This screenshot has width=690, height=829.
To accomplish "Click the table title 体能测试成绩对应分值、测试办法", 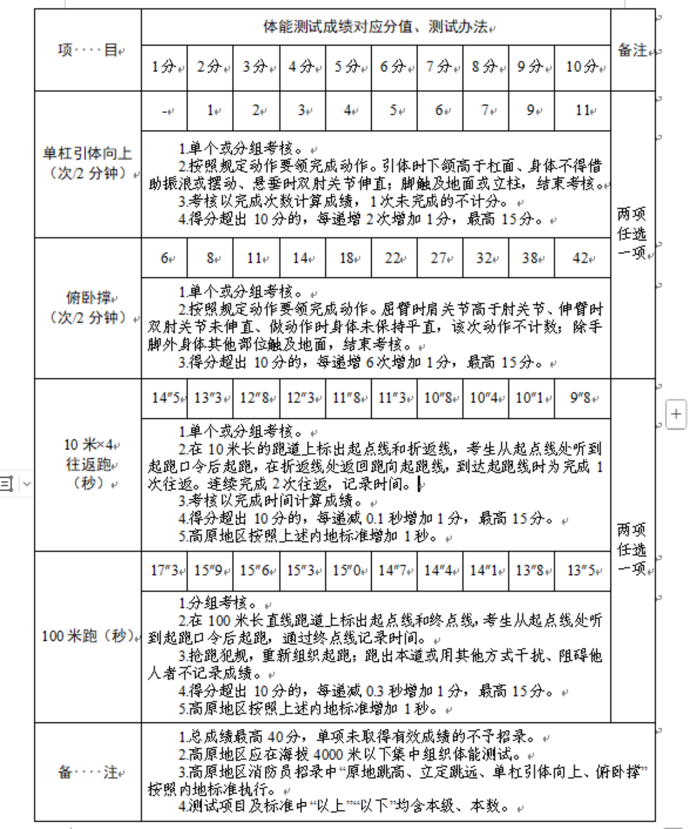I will [375, 27].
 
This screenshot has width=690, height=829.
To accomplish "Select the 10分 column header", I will [582, 67].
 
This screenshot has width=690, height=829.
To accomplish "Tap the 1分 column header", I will [163, 67].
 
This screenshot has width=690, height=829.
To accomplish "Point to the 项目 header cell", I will [87, 50].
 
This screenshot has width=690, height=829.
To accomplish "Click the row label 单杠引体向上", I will [87, 153].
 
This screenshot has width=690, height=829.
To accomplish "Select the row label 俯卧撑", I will [88, 298].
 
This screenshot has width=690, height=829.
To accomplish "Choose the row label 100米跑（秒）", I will [87, 636].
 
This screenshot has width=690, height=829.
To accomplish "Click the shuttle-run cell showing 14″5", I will [164, 398].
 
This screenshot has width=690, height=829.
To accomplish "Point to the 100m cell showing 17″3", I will [164, 570].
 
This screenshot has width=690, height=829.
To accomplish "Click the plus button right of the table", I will [675, 414].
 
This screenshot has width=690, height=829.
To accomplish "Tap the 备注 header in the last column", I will [633, 50].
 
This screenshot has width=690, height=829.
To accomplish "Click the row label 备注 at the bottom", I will [87, 772].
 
